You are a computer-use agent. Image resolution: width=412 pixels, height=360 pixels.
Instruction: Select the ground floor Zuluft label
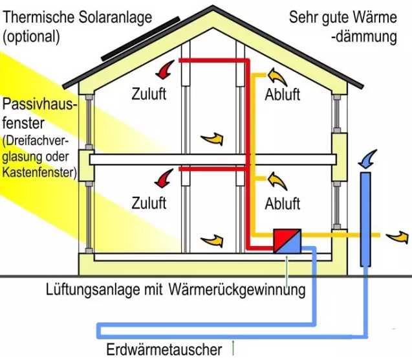(x=149, y=202)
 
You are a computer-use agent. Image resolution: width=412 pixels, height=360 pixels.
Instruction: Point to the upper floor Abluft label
(x=283, y=95)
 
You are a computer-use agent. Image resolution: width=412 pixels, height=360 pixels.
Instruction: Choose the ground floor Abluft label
(x=283, y=203)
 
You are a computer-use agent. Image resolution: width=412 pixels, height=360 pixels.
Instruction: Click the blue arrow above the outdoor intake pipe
(x=367, y=157)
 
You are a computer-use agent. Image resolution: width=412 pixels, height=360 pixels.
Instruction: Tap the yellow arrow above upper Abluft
(x=279, y=76)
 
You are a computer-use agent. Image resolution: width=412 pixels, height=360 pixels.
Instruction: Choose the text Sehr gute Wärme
(x=343, y=17)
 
